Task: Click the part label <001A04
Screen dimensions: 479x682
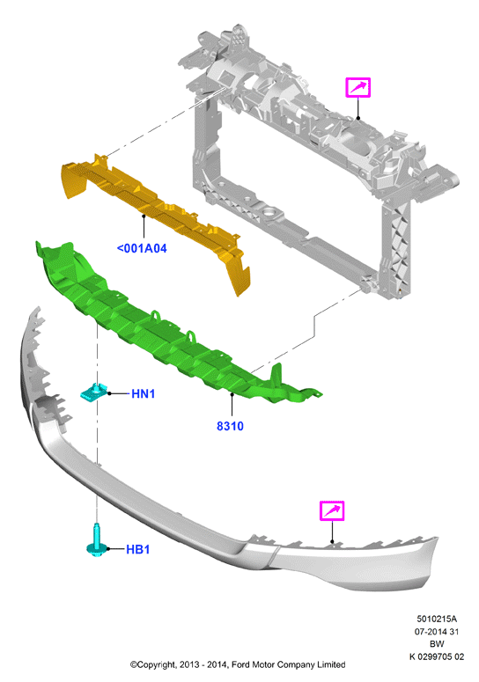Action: tap(142, 248)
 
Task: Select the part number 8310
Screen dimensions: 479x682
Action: tap(230, 426)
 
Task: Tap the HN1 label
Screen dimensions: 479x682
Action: tap(144, 393)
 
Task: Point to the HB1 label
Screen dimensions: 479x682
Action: tap(138, 549)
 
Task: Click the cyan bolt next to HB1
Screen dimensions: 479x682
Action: tap(97, 540)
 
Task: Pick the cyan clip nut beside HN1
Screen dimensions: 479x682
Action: tap(94, 392)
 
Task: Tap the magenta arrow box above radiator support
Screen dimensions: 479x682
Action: tap(358, 87)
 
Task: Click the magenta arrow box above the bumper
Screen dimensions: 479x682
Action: tap(332, 510)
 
